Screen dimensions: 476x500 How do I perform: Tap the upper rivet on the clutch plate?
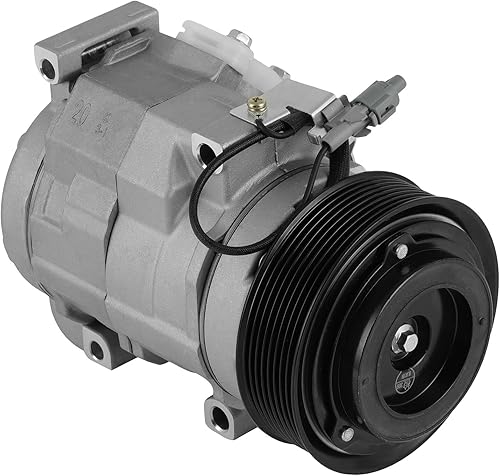(x=401, y=252)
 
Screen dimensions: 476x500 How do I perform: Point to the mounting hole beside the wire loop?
(x=207, y=152)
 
